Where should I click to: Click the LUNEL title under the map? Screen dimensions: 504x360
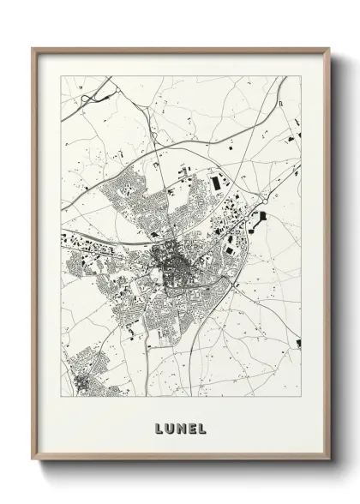pos(179,426)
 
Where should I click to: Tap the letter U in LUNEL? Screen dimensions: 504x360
pos(169,426)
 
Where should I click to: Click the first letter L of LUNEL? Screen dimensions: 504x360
pos(159,426)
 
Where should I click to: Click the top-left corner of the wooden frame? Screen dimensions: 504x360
pos(33,48)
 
